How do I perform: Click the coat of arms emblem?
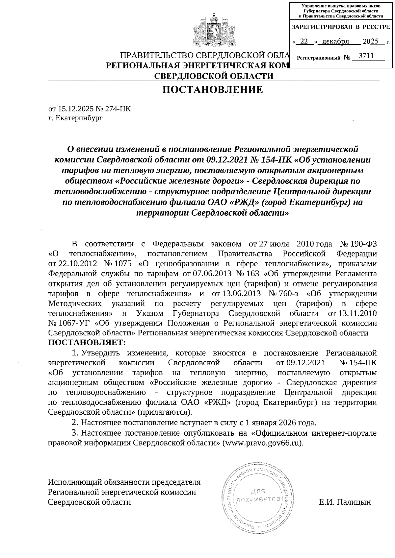tap(214, 30)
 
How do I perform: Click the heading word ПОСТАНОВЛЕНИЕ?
tap(214, 89)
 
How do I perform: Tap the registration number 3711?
tap(366, 56)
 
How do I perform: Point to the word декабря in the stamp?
tap(335, 41)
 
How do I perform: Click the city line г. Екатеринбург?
tap(75, 118)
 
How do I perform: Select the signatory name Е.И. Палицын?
tap(345, 502)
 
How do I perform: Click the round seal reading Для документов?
tap(258, 497)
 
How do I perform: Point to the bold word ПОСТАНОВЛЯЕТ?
tap(87, 342)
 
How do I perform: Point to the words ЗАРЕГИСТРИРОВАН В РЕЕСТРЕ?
tap(341, 27)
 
